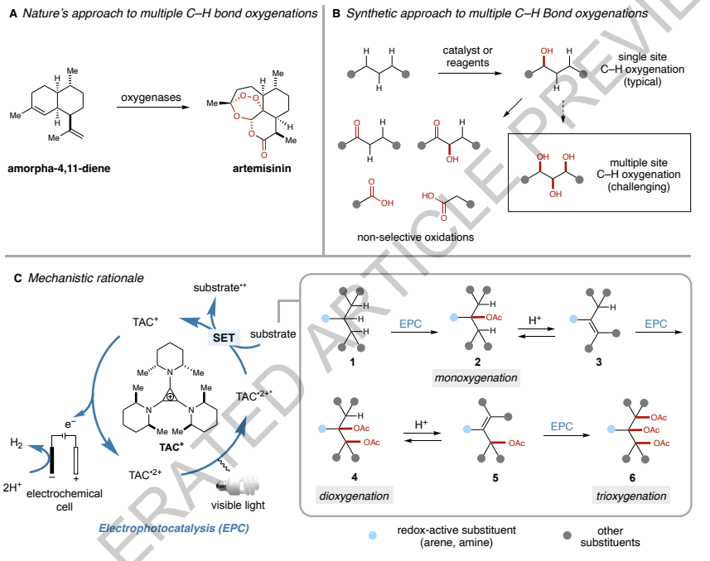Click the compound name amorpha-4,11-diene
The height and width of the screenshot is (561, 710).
pyautogui.click(x=59, y=169)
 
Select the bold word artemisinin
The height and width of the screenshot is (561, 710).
pyautogui.click(x=262, y=169)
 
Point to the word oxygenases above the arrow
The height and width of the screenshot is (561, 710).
pyautogui.click(x=151, y=98)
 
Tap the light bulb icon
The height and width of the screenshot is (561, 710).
pyautogui.click(x=238, y=485)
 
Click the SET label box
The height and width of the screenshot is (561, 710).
pyautogui.click(x=224, y=338)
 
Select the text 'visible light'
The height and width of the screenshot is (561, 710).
pyautogui.click(x=238, y=506)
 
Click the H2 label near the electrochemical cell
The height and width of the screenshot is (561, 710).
pyautogui.click(x=17, y=443)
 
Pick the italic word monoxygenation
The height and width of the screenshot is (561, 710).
pyautogui.click(x=476, y=378)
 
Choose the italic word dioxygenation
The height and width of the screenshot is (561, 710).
pyautogui.click(x=354, y=496)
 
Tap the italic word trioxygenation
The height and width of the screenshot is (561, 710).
pyautogui.click(x=631, y=496)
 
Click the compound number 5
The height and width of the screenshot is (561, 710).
pyautogui.click(x=495, y=477)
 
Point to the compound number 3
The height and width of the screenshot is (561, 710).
pyautogui.click(x=599, y=362)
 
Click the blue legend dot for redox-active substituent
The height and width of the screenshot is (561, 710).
pyautogui.click(x=372, y=535)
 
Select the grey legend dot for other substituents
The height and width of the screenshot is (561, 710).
pyautogui.click(x=567, y=535)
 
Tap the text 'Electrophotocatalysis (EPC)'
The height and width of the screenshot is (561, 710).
pyautogui.click(x=174, y=529)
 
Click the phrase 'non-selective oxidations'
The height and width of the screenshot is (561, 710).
pyautogui.click(x=415, y=237)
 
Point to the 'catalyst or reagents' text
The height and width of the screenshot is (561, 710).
pyautogui.click(x=468, y=56)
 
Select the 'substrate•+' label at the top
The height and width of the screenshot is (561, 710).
pyautogui.click(x=220, y=288)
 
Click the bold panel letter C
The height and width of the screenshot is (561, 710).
pyautogui.click(x=17, y=278)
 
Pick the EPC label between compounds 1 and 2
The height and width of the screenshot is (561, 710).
pyautogui.click(x=410, y=324)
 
